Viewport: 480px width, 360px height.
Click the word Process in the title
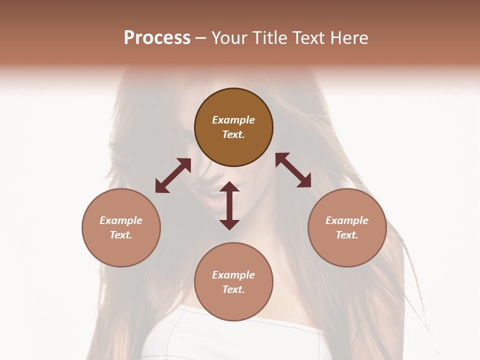click(157, 38)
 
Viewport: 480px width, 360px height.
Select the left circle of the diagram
click(121, 227)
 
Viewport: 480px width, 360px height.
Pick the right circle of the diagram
click(347, 227)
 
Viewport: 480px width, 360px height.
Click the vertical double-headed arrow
click(229, 205)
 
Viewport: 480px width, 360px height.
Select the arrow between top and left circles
click(173, 175)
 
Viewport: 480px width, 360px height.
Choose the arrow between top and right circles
click(293, 170)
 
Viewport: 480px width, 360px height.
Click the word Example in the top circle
click(233, 120)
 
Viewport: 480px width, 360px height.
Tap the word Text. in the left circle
click(121, 235)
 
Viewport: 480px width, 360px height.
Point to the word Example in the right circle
click(347, 220)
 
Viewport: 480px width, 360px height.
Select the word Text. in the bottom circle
click(233, 289)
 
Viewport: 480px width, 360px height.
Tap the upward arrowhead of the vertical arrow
click(229, 186)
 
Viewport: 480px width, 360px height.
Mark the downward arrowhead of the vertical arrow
click(229, 224)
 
